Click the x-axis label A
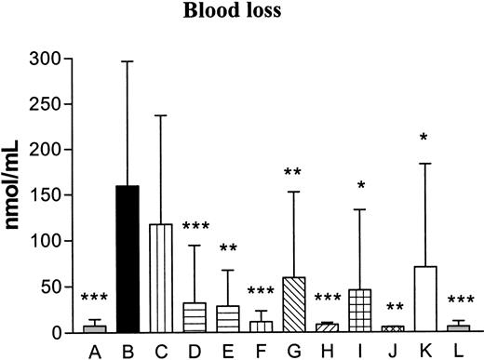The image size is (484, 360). (93, 350)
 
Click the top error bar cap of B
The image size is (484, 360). (127, 61)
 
